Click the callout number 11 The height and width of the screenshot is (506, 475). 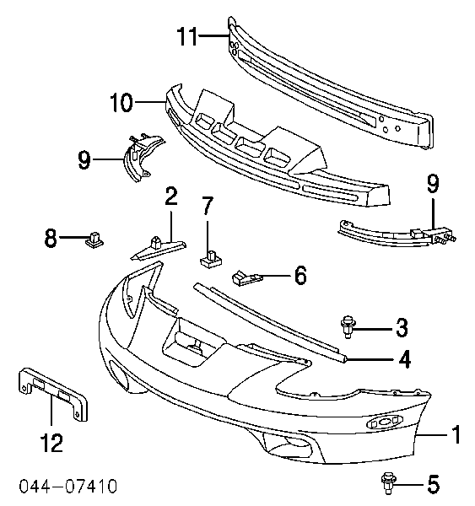187,36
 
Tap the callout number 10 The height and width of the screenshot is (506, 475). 121,102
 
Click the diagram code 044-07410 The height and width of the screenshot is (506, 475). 67,487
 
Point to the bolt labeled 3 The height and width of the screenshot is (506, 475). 348,326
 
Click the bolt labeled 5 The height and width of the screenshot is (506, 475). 388,483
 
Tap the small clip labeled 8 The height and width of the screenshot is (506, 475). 94,240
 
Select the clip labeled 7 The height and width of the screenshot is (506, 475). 212,259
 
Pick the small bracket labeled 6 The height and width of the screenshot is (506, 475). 246,277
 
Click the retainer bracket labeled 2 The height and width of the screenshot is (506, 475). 159,248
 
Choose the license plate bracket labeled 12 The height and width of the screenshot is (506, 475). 53,394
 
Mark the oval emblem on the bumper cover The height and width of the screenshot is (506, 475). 385,422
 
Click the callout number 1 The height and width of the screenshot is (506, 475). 456,434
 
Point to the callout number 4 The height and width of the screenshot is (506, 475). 405,359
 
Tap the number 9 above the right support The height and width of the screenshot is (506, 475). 433,184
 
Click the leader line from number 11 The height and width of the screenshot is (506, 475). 214,35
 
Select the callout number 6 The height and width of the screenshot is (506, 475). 300,275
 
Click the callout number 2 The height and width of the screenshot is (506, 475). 171,196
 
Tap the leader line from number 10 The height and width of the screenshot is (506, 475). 150,102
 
